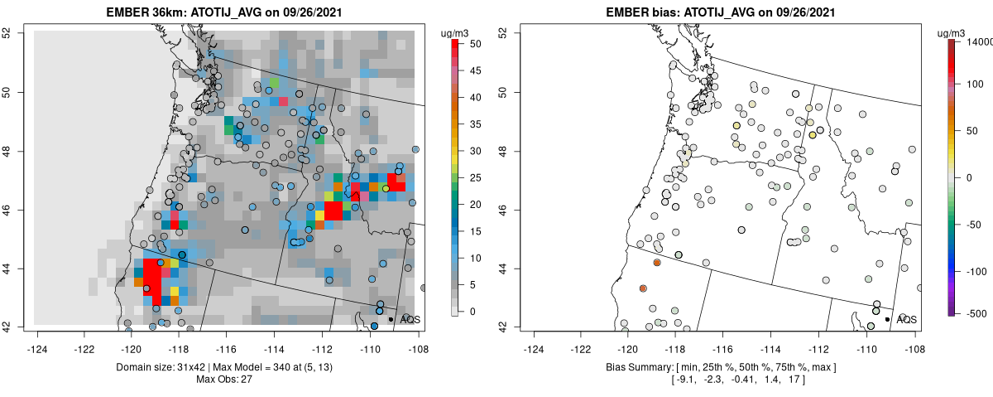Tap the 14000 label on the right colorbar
pyautogui.click(x=978, y=41)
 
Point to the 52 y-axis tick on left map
pyautogui.click(x=17, y=33)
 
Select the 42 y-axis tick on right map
pyautogui.click(x=504, y=327)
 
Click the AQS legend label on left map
pyautogui.click(x=410, y=319)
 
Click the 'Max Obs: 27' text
pyautogui.click(x=225, y=379)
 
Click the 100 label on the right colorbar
pyautogui.click(x=974, y=84)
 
